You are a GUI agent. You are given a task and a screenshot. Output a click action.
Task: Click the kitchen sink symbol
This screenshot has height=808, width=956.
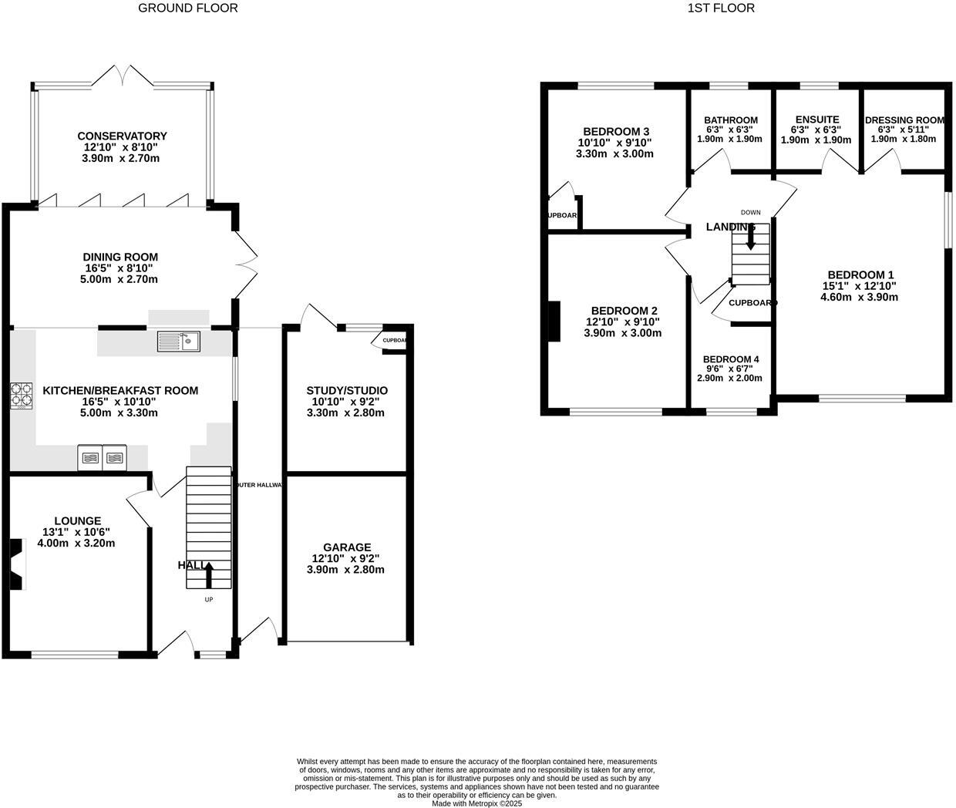pos(178,341)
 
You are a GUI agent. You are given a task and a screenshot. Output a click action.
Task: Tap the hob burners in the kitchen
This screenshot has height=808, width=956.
pos(22,395)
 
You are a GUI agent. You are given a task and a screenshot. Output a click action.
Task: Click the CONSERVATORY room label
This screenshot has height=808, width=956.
pos(122,136)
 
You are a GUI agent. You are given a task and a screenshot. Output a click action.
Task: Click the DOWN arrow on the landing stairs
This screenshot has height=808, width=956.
pos(750,237)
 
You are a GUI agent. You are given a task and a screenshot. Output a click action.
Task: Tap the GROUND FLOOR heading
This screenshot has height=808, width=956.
pos(187,8)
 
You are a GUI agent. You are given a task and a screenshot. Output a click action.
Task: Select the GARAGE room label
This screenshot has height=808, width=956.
pos(347,547)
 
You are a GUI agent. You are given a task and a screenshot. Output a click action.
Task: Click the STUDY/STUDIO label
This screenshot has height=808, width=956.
pos(347,390)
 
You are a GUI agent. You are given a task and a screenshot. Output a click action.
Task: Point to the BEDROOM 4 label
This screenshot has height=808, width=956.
pos(731,359)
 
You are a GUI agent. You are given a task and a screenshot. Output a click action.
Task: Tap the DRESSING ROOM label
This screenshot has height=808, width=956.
pos(904,120)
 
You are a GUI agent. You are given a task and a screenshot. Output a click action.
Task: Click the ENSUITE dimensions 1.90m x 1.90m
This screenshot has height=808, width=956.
pos(816,140)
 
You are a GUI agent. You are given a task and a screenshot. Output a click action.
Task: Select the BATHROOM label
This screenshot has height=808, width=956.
pos(730,120)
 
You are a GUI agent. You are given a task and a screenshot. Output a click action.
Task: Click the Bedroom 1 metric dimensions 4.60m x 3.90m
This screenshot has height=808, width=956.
pos(860,297)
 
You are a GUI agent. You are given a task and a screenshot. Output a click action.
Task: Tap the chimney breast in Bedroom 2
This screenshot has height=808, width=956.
pos(554,320)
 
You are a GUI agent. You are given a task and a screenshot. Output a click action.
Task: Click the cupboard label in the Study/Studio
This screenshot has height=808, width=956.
pos(394,340)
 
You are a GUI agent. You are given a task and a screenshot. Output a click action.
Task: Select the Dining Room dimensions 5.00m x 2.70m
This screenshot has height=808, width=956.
pos(120,279)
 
